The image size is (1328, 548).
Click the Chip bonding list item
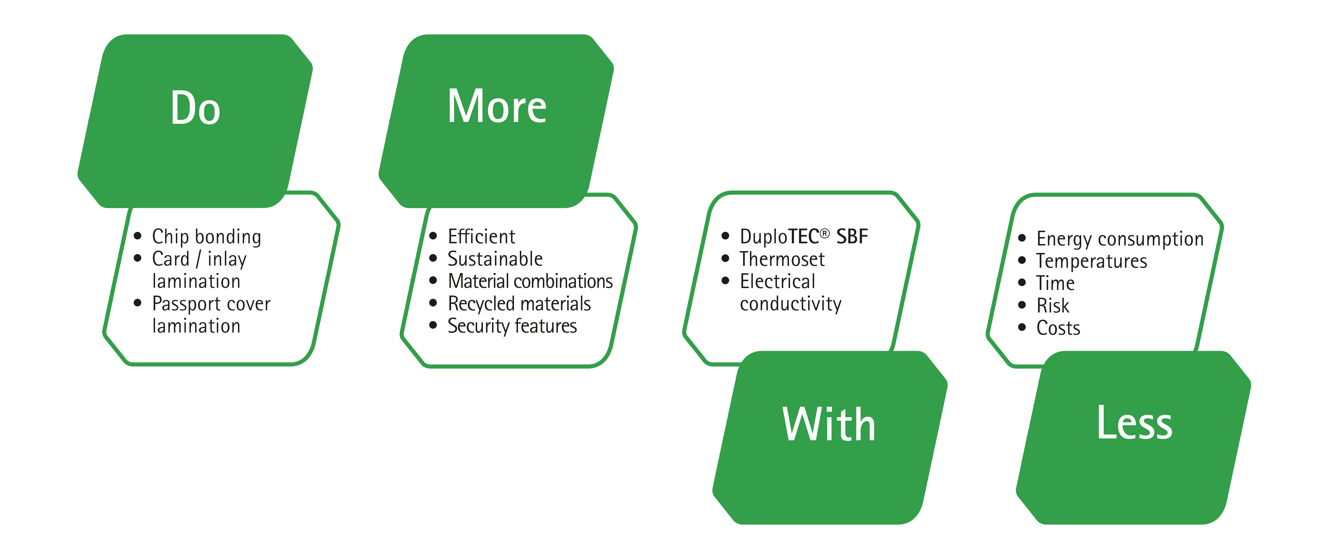pos(206,237)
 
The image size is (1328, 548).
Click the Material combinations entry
pos(530,281)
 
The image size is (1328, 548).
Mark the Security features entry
pos(512,326)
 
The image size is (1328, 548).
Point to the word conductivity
pos(790,304)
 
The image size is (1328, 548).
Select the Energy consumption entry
pos(1120,239)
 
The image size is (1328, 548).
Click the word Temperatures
pos(1091,261)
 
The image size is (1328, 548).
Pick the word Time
pos(1055,283)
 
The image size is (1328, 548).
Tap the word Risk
pos(1053,305)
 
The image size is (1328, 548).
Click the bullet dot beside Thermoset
pos(725,259)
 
